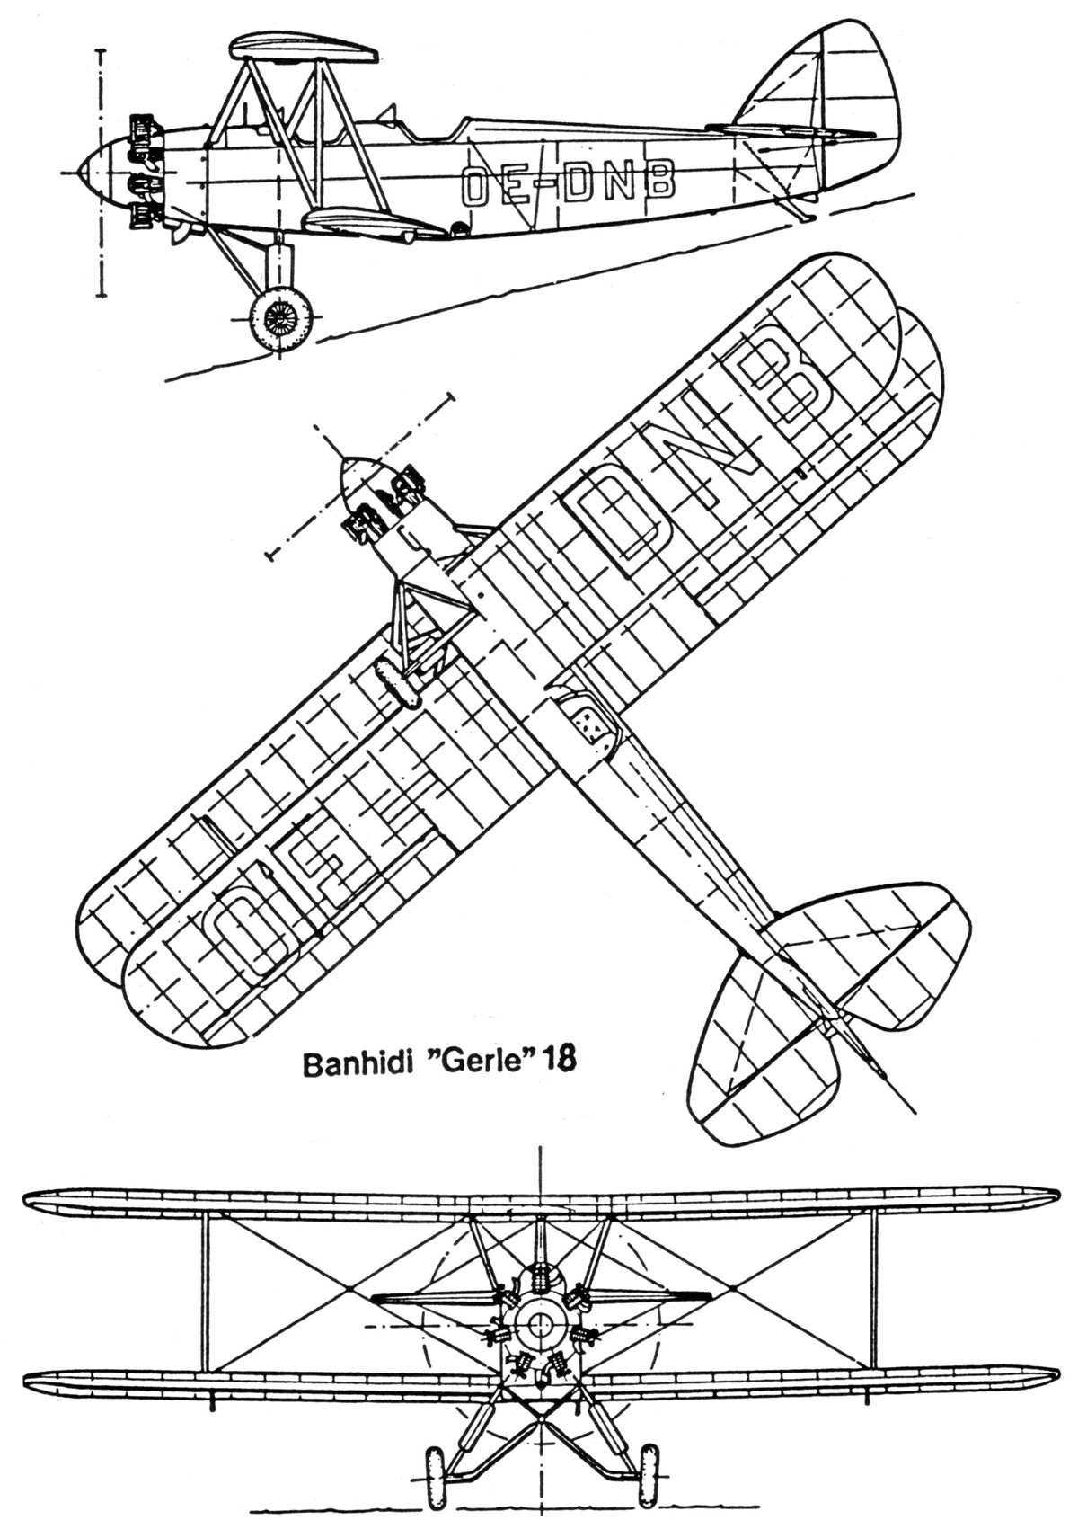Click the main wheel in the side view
(281, 316)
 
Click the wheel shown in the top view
(399, 682)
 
